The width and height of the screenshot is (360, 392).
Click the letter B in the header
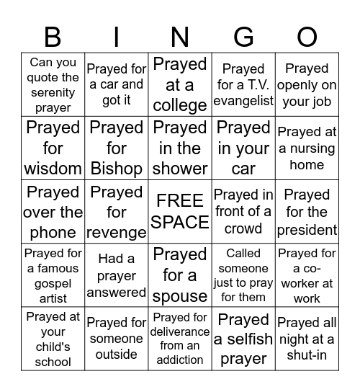[53, 36]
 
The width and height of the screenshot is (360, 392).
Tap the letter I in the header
[117, 36]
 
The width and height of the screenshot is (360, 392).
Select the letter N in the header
[180, 36]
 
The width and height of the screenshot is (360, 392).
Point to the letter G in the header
[243, 36]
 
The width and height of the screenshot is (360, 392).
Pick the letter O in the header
[307, 36]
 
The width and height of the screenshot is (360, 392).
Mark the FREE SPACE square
[180, 212]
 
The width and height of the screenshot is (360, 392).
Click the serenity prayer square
[53, 85]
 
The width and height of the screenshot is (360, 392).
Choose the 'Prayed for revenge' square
[117, 212]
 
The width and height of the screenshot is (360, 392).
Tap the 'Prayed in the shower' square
[180, 148]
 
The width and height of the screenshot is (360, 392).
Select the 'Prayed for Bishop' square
[117, 148]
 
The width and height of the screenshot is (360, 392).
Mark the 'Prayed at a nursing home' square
[307, 148]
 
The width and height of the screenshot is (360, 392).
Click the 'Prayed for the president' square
[307, 212]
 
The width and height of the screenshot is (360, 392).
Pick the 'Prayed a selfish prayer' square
[243, 339]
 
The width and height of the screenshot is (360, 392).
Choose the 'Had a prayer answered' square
[117, 275]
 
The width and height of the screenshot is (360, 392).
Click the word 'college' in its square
[180, 105]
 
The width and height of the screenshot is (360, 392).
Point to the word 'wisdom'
[53, 169]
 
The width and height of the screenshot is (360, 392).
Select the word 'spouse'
[180, 296]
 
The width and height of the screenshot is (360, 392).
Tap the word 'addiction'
[180, 360]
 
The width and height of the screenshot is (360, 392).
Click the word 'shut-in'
[307, 354]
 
